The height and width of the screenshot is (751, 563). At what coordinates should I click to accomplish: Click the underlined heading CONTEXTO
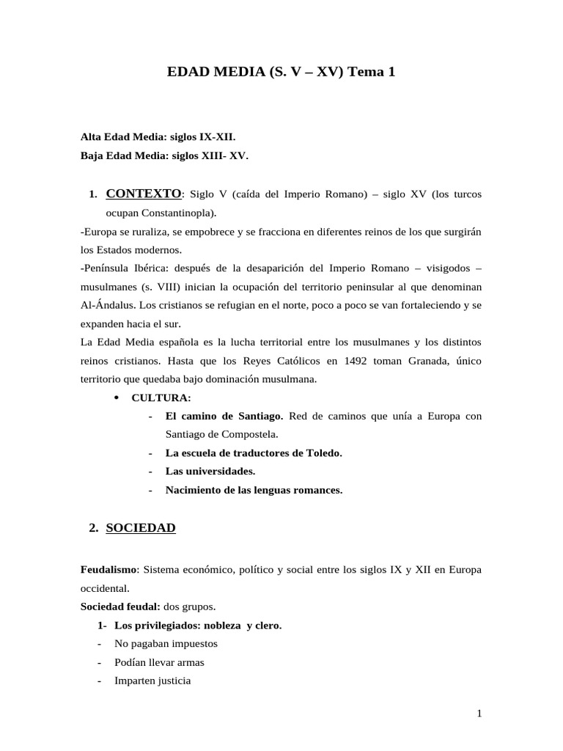[143, 194]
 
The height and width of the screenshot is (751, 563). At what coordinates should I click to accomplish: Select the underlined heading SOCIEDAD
[140, 527]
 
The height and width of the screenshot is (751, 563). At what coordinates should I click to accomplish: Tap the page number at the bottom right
[478, 713]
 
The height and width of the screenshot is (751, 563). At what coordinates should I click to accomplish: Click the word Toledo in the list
[323, 453]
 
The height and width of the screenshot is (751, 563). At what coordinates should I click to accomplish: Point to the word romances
[317, 490]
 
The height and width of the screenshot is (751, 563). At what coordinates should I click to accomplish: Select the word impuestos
[193, 644]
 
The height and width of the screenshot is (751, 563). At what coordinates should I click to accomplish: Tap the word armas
[188, 662]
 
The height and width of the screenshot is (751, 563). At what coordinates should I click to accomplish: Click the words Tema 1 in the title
[372, 73]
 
